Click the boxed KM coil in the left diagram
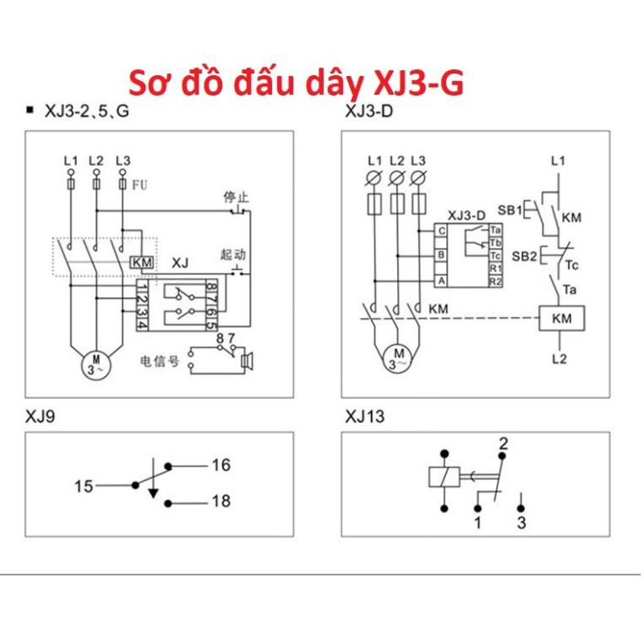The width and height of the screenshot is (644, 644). tap(143, 264)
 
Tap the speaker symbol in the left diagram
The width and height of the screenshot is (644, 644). tap(246, 362)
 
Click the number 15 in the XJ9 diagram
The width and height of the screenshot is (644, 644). tap(84, 486)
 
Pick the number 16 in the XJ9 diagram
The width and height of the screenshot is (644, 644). tap(221, 465)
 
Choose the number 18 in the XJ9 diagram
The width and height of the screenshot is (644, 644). tap(221, 501)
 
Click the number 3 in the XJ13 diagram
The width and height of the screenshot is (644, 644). tap(521, 523)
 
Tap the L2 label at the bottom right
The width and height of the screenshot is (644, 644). tap(559, 358)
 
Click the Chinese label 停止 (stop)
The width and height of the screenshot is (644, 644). tap(234, 196)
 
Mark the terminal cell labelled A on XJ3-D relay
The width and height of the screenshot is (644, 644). tap(440, 280)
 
